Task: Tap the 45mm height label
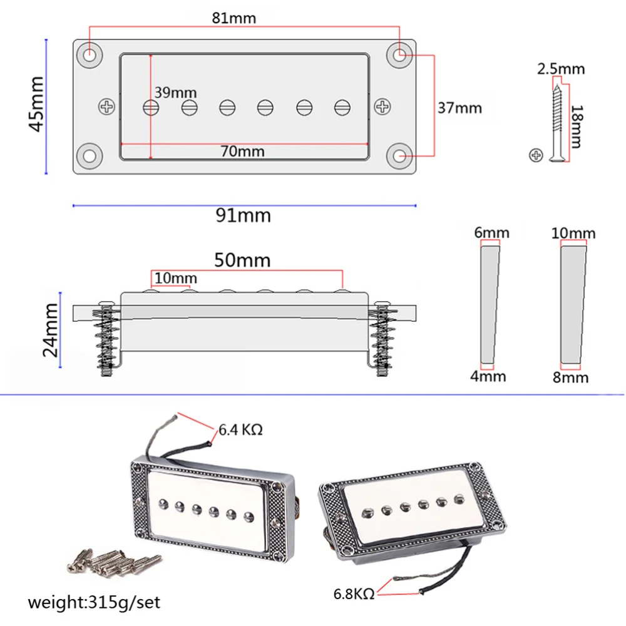click(x=36, y=104)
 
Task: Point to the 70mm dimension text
click(x=242, y=151)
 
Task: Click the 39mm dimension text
click(x=175, y=93)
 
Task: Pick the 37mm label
click(x=459, y=108)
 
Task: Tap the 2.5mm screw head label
click(x=561, y=68)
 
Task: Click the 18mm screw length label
click(x=577, y=126)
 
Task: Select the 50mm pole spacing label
click(x=242, y=260)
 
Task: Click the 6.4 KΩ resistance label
click(x=240, y=430)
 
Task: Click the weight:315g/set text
click(x=94, y=603)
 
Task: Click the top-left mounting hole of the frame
click(x=91, y=54)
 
